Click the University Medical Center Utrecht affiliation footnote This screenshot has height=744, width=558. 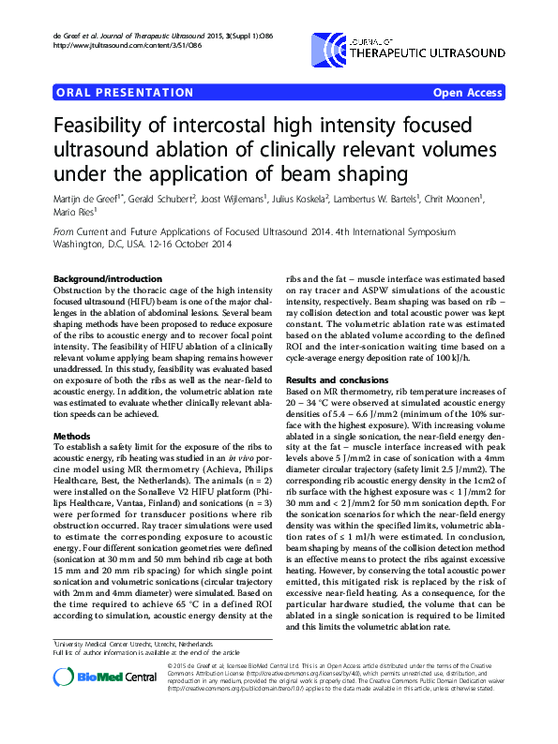point(112,619)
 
